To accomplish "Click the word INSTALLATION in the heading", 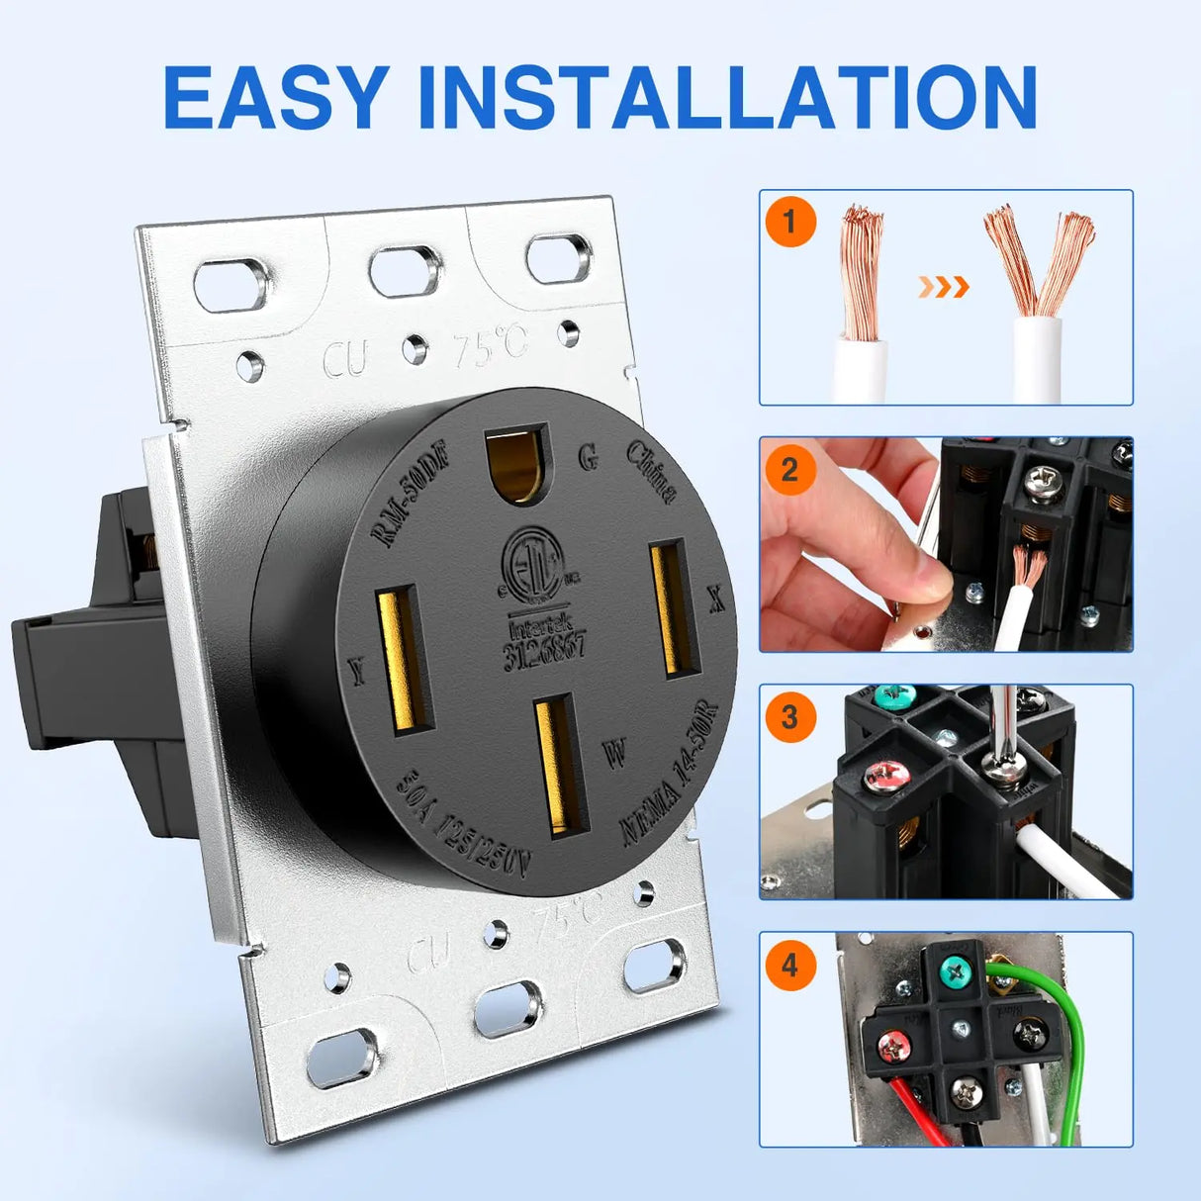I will (727, 97).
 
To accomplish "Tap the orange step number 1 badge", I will (788, 222).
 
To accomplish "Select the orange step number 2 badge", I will (788, 469).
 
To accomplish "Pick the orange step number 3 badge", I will (788, 716).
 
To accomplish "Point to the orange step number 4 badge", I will (788, 964).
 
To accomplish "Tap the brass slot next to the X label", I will (674, 607).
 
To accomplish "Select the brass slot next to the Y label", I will (403, 660).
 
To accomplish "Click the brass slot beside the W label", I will (559, 763).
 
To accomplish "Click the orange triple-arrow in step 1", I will (943, 287).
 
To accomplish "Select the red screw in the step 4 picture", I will (894, 1042).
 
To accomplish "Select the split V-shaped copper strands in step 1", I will (1038, 259).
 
